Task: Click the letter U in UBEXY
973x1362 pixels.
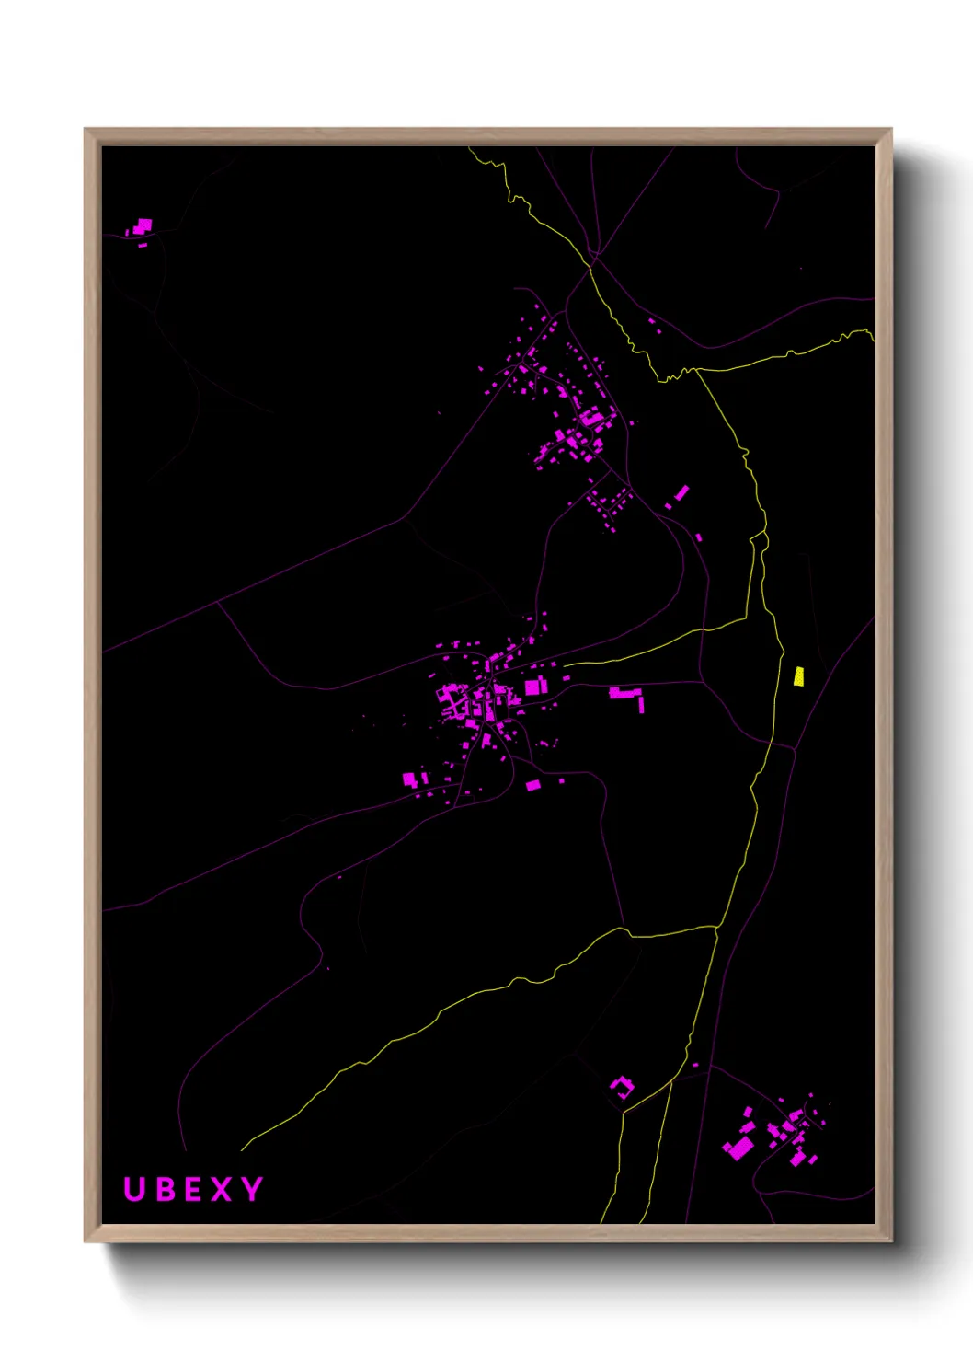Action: (x=134, y=1189)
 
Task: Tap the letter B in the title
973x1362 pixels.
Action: (x=165, y=1189)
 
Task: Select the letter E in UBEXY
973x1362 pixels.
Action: (x=193, y=1189)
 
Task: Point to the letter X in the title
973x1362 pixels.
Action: (x=222, y=1189)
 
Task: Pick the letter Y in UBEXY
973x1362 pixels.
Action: (x=252, y=1189)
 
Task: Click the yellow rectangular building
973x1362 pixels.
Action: (x=798, y=676)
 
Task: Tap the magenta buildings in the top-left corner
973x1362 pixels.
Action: (x=143, y=225)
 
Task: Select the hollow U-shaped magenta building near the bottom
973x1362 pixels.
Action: (x=622, y=1088)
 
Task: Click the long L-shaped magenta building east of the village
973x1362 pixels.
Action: (x=626, y=694)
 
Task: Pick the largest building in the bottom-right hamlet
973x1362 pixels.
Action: (x=738, y=1148)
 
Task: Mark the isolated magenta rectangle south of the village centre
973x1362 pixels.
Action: (x=532, y=785)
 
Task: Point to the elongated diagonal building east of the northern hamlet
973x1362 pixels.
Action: (x=681, y=492)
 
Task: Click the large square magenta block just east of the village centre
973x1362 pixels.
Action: (x=534, y=687)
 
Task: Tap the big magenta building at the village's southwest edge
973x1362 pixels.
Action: (x=409, y=779)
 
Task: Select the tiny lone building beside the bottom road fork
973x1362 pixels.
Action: (x=695, y=1065)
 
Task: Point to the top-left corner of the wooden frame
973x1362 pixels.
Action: (x=86, y=130)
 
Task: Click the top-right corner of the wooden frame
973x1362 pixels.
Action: (x=891, y=130)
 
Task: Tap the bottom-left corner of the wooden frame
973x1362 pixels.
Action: (x=86, y=1241)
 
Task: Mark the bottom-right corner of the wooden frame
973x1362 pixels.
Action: (x=891, y=1241)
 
